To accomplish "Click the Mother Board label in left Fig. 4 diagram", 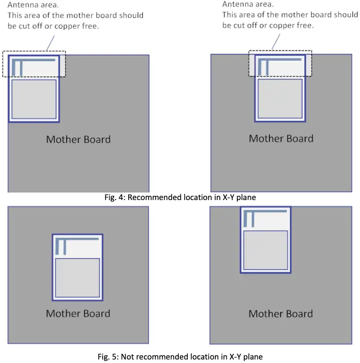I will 78,139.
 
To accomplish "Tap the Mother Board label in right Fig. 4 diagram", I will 281,138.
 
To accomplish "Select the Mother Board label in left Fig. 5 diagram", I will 78,313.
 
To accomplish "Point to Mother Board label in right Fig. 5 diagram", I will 280,314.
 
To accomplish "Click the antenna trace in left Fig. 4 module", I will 33,61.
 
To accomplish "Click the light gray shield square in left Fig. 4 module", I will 34,99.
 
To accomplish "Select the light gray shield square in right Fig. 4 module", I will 280,98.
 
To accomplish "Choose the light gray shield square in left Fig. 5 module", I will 77,277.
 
